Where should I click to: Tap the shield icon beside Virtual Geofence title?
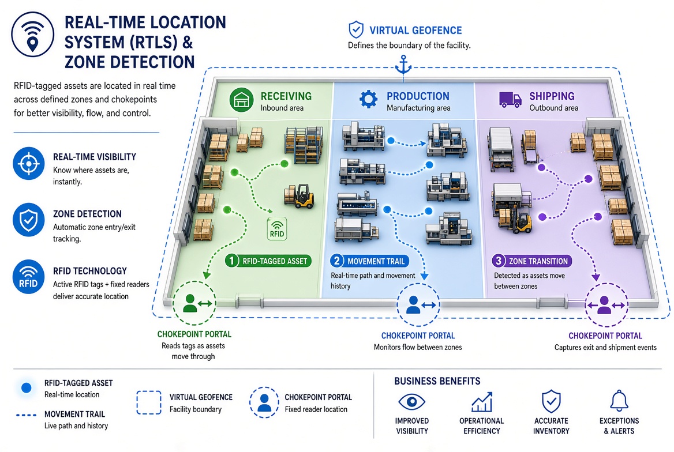pos(356,29)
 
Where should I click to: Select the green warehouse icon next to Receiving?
pos(242,100)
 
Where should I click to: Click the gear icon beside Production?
pos(368,99)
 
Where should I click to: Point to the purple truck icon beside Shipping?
pos(510,100)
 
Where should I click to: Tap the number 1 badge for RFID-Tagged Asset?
pos(232,261)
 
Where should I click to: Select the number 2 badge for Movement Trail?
pos(336,261)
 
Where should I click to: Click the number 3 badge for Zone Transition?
pos(498,261)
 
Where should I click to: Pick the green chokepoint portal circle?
pos(194,303)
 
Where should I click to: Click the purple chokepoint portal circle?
pos(606,304)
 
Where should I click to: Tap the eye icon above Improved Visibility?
pos(411,402)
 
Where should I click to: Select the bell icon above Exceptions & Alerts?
pos(619,401)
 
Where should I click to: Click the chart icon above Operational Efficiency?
pos(481,402)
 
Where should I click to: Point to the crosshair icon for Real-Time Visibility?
pos(29,164)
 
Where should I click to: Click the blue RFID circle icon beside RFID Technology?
pos(29,277)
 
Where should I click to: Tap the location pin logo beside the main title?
pos(33,35)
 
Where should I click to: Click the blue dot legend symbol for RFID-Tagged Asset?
pos(26,388)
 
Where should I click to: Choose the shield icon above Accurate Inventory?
pos(551,401)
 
